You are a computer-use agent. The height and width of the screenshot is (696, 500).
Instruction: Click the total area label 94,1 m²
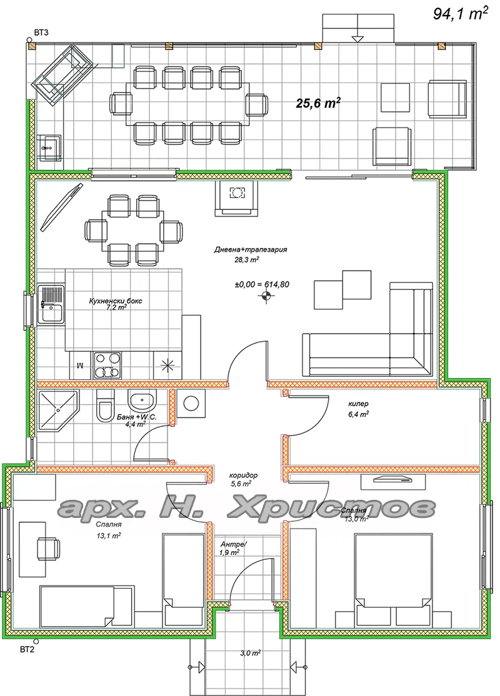[x=461, y=14]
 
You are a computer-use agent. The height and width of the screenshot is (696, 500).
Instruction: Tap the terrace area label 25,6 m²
[x=318, y=104]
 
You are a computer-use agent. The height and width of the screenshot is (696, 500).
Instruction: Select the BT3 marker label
[x=41, y=32]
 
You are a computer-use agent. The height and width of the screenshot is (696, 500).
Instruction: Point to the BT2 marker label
[x=27, y=650]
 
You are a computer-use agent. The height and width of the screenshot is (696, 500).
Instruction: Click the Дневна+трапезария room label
[x=251, y=249]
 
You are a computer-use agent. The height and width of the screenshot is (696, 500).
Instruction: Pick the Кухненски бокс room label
[x=116, y=301]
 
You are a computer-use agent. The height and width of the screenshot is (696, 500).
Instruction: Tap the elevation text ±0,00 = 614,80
[x=262, y=284]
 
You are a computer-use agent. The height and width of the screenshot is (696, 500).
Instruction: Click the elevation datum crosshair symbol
[x=266, y=297]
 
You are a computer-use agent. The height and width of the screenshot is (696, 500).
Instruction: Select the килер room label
[x=358, y=404]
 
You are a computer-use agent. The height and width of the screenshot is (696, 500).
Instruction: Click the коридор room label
[x=243, y=475]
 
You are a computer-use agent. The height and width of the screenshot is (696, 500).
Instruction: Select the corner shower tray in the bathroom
[x=57, y=410]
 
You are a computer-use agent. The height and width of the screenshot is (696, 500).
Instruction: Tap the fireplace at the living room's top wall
[x=237, y=198]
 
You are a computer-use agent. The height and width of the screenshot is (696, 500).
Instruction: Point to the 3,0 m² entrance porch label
[x=251, y=653]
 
